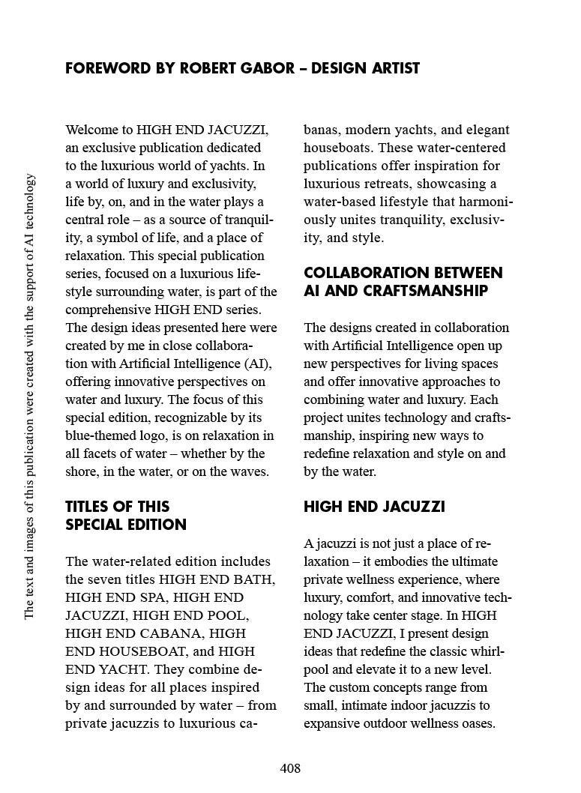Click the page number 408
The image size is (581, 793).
tap(290, 768)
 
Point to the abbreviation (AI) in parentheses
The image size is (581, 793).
tap(257, 364)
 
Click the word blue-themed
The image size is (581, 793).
tap(101, 435)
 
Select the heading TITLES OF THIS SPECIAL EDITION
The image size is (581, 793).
tap(125, 516)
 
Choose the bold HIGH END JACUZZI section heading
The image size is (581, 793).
tap(373, 507)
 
